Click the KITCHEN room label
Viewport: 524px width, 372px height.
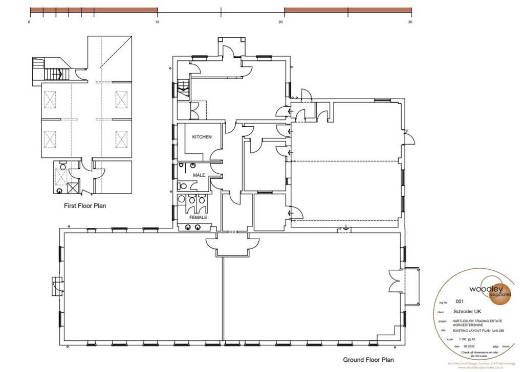[202, 137]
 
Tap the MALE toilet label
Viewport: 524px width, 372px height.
[199, 175]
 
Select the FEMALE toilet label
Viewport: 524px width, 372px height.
[199, 217]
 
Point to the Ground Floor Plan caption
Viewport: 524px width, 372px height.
[368, 360]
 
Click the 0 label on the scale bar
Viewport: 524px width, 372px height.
[30, 22]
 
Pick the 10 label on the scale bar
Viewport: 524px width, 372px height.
[157, 22]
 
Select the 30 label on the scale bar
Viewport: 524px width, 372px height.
[410, 22]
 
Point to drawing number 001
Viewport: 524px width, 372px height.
[460, 301]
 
